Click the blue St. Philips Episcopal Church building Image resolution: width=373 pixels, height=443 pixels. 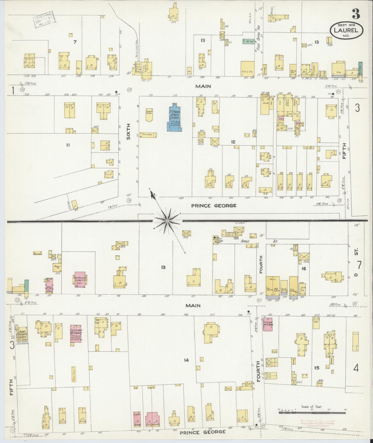point(174,118)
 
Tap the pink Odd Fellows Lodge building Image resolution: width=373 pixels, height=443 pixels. point(80,280)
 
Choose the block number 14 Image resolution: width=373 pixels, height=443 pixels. point(186,360)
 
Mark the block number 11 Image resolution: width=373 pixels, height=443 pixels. point(68,145)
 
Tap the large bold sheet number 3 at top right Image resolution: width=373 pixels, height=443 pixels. point(356,14)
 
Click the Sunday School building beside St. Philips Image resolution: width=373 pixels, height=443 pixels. point(149,115)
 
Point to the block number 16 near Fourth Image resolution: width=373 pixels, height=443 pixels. point(304,269)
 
